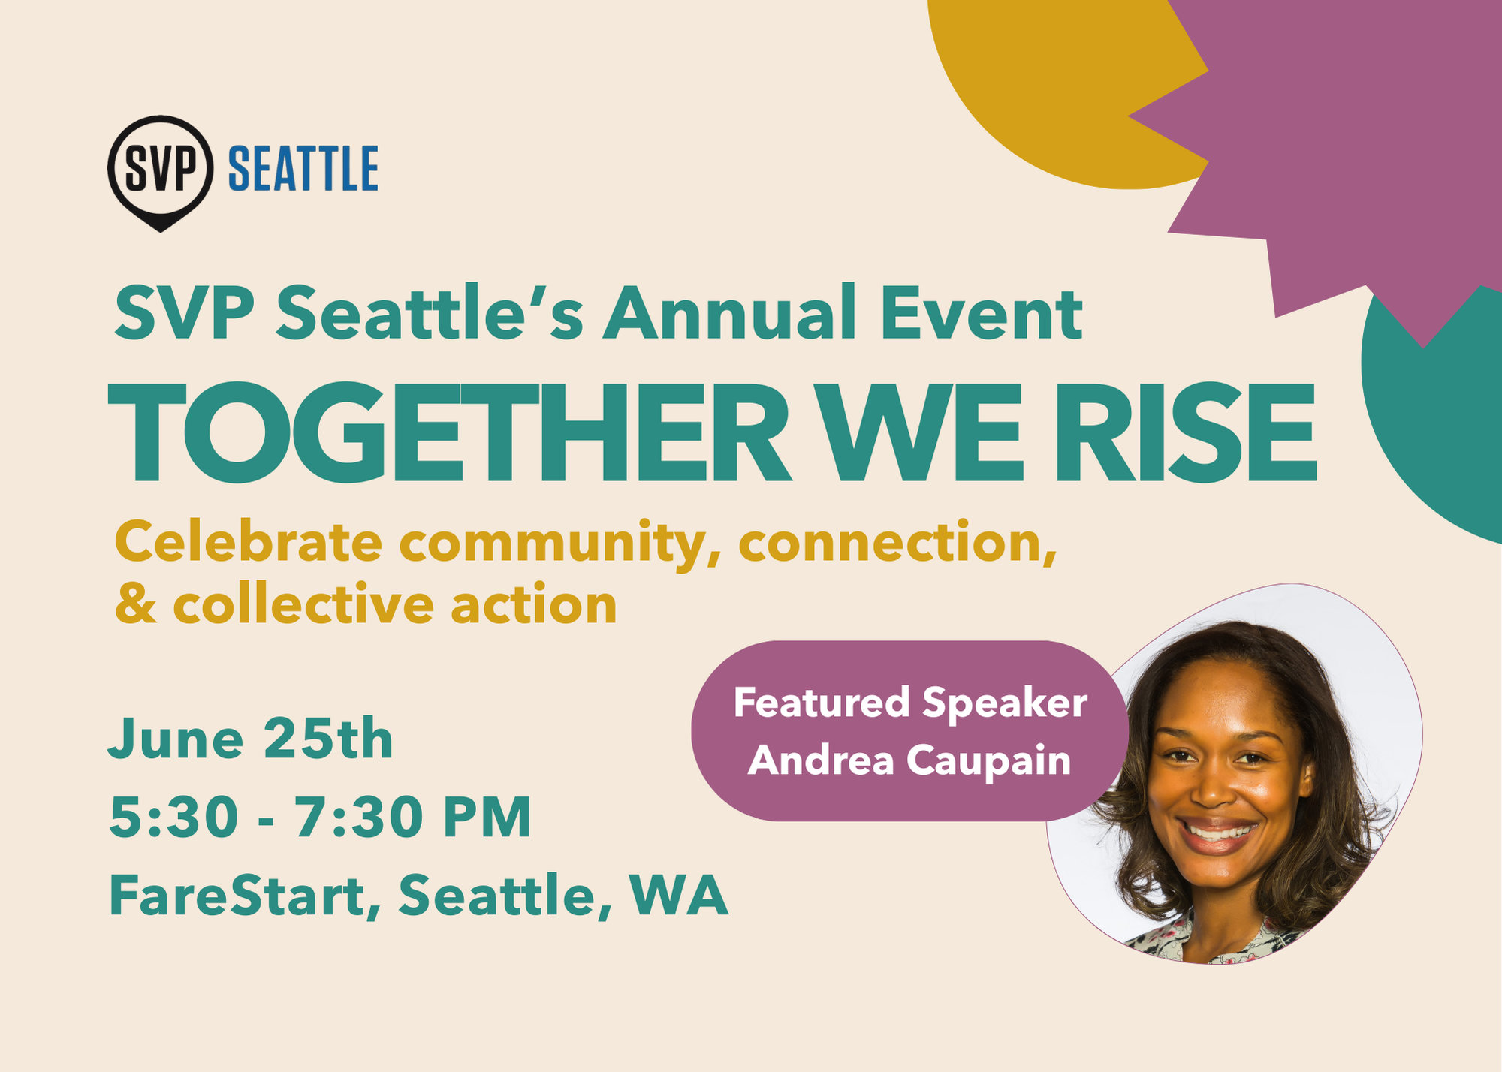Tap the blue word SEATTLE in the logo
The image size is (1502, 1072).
click(x=303, y=169)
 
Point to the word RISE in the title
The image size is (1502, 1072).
click(x=1185, y=432)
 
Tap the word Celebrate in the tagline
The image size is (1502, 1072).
click(x=248, y=541)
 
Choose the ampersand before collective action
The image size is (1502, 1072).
click(x=136, y=604)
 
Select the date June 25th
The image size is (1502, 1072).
click(x=251, y=739)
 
